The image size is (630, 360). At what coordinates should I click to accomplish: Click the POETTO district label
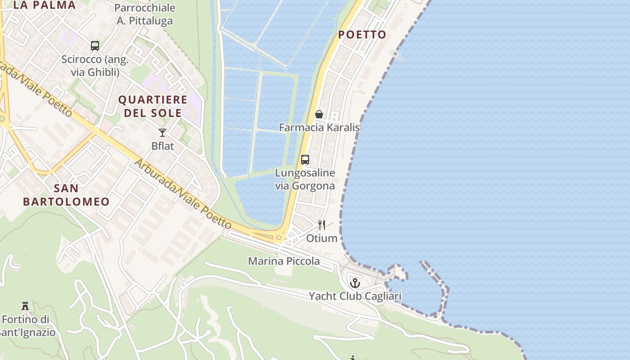coord(362,35)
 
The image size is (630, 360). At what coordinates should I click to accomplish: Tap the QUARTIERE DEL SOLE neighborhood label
coord(153,106)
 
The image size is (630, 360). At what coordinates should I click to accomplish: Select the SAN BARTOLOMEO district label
coord(66,194)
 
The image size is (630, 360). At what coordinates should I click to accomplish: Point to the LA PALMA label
coord(45,5)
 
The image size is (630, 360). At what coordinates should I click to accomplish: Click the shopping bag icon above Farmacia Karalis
coord(319,114)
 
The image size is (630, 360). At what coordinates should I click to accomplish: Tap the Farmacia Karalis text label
coord(319,127)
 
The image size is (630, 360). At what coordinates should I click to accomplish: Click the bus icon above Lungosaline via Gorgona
coord(305,160)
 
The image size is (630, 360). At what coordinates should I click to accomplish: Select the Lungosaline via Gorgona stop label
coord(305,179)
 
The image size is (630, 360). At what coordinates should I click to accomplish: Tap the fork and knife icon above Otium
coord(322,225)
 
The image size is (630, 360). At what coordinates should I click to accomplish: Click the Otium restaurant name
coord(322,238)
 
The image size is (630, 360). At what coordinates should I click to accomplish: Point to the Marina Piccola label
coord(284,261)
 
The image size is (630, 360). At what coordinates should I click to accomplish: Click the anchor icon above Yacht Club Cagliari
coord(355,283)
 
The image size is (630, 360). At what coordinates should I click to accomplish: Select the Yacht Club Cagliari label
coord(355,296)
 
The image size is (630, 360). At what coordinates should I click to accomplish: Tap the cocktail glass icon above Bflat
coord(162,133)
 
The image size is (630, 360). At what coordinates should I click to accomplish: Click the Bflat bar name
coord(162,146)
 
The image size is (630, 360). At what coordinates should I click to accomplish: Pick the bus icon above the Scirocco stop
coord(95,46)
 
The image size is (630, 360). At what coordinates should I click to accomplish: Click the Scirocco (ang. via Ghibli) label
coord(95,65)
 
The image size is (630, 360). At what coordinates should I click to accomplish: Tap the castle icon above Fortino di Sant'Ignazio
coord(25,306)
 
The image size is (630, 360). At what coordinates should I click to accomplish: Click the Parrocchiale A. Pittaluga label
coord(144,14)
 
